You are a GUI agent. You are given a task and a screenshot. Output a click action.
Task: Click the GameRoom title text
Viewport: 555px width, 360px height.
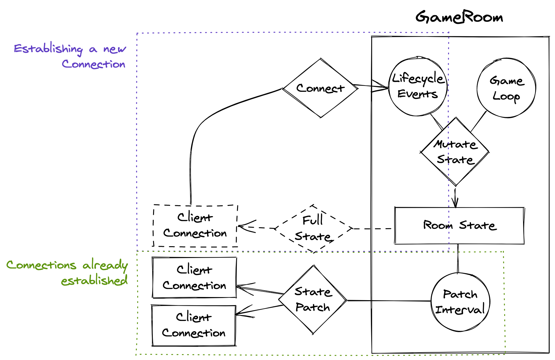click(459, 17)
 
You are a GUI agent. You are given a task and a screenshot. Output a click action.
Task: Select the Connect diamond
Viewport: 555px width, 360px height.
click(320, 88)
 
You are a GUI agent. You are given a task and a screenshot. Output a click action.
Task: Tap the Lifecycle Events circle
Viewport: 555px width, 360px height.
click(418, 87)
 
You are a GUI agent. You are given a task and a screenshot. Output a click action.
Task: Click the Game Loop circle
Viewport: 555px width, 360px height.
click(506, 88)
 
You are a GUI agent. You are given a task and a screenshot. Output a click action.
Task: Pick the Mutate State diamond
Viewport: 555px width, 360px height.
click(455, 152)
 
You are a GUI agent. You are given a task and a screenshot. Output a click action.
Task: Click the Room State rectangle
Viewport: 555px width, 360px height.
click(459, 225)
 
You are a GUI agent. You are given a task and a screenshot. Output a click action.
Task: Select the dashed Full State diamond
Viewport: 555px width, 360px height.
click(313, 229)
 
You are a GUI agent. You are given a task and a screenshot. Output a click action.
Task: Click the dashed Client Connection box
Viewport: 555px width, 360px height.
click(195, 225)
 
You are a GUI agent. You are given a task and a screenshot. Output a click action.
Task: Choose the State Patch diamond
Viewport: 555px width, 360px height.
click(313, 300)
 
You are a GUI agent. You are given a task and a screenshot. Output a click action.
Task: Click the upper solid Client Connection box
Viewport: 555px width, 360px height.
click(194, 278)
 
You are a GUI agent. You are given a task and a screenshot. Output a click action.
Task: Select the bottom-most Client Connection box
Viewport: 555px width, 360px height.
click(194, 325)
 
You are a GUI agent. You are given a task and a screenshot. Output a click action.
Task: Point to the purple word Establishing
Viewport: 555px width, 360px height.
click(48, 49)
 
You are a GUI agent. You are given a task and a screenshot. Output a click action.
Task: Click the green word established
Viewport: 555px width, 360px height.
click(94, 280)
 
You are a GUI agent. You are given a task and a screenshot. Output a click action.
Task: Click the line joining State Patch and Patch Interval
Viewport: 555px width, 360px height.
click(389, 300)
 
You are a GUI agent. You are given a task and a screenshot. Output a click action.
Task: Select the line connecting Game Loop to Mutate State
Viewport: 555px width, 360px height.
click(478, 121)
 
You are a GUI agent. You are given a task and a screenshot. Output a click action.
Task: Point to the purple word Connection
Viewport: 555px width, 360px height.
click(94, 64)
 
